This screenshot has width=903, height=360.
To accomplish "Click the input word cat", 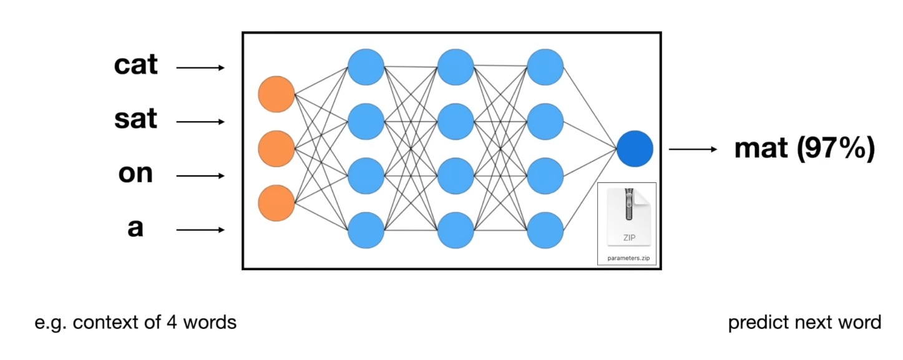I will pyautogui.click(x=136, y=66).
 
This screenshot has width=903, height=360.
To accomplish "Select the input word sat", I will pyautogui.click(x=136, y=119).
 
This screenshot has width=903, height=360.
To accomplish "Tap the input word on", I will pyautogui.click(x=135, y=173).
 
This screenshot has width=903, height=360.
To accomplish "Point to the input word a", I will pyautogui.click(x=135, y=228).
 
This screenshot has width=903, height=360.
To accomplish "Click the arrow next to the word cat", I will pyautogui.click(x=200, y=67).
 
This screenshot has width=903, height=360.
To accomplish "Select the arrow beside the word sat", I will pyautogui.click(x=200, y=122).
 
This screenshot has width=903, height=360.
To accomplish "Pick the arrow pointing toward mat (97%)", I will pyautogui.click(x=693, y=150).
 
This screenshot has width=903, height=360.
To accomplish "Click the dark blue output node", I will pyautogui.click(x=635, y=150).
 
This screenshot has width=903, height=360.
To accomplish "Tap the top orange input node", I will pyautogui.click(x=276, y=95).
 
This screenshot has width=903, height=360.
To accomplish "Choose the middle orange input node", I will pyautogui.click(x=276, y=149).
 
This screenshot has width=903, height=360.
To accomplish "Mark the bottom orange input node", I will pyautogui.click(x=276, y=203).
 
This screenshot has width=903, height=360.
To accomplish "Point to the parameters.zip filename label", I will pyautogui.click(x=627, y=258).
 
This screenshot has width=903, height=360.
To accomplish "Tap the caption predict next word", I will pyautogui.click(x=804, y=323).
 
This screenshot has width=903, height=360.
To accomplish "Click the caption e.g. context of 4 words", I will pyautogui.click(x=135, y=323).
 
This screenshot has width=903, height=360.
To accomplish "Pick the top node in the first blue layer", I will pyautogui.click(x=366, y=67).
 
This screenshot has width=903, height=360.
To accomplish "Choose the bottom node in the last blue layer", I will pyautogui.click(x=545, y=230).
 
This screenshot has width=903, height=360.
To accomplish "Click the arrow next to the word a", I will pyautogui.click(x=200, y=230).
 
